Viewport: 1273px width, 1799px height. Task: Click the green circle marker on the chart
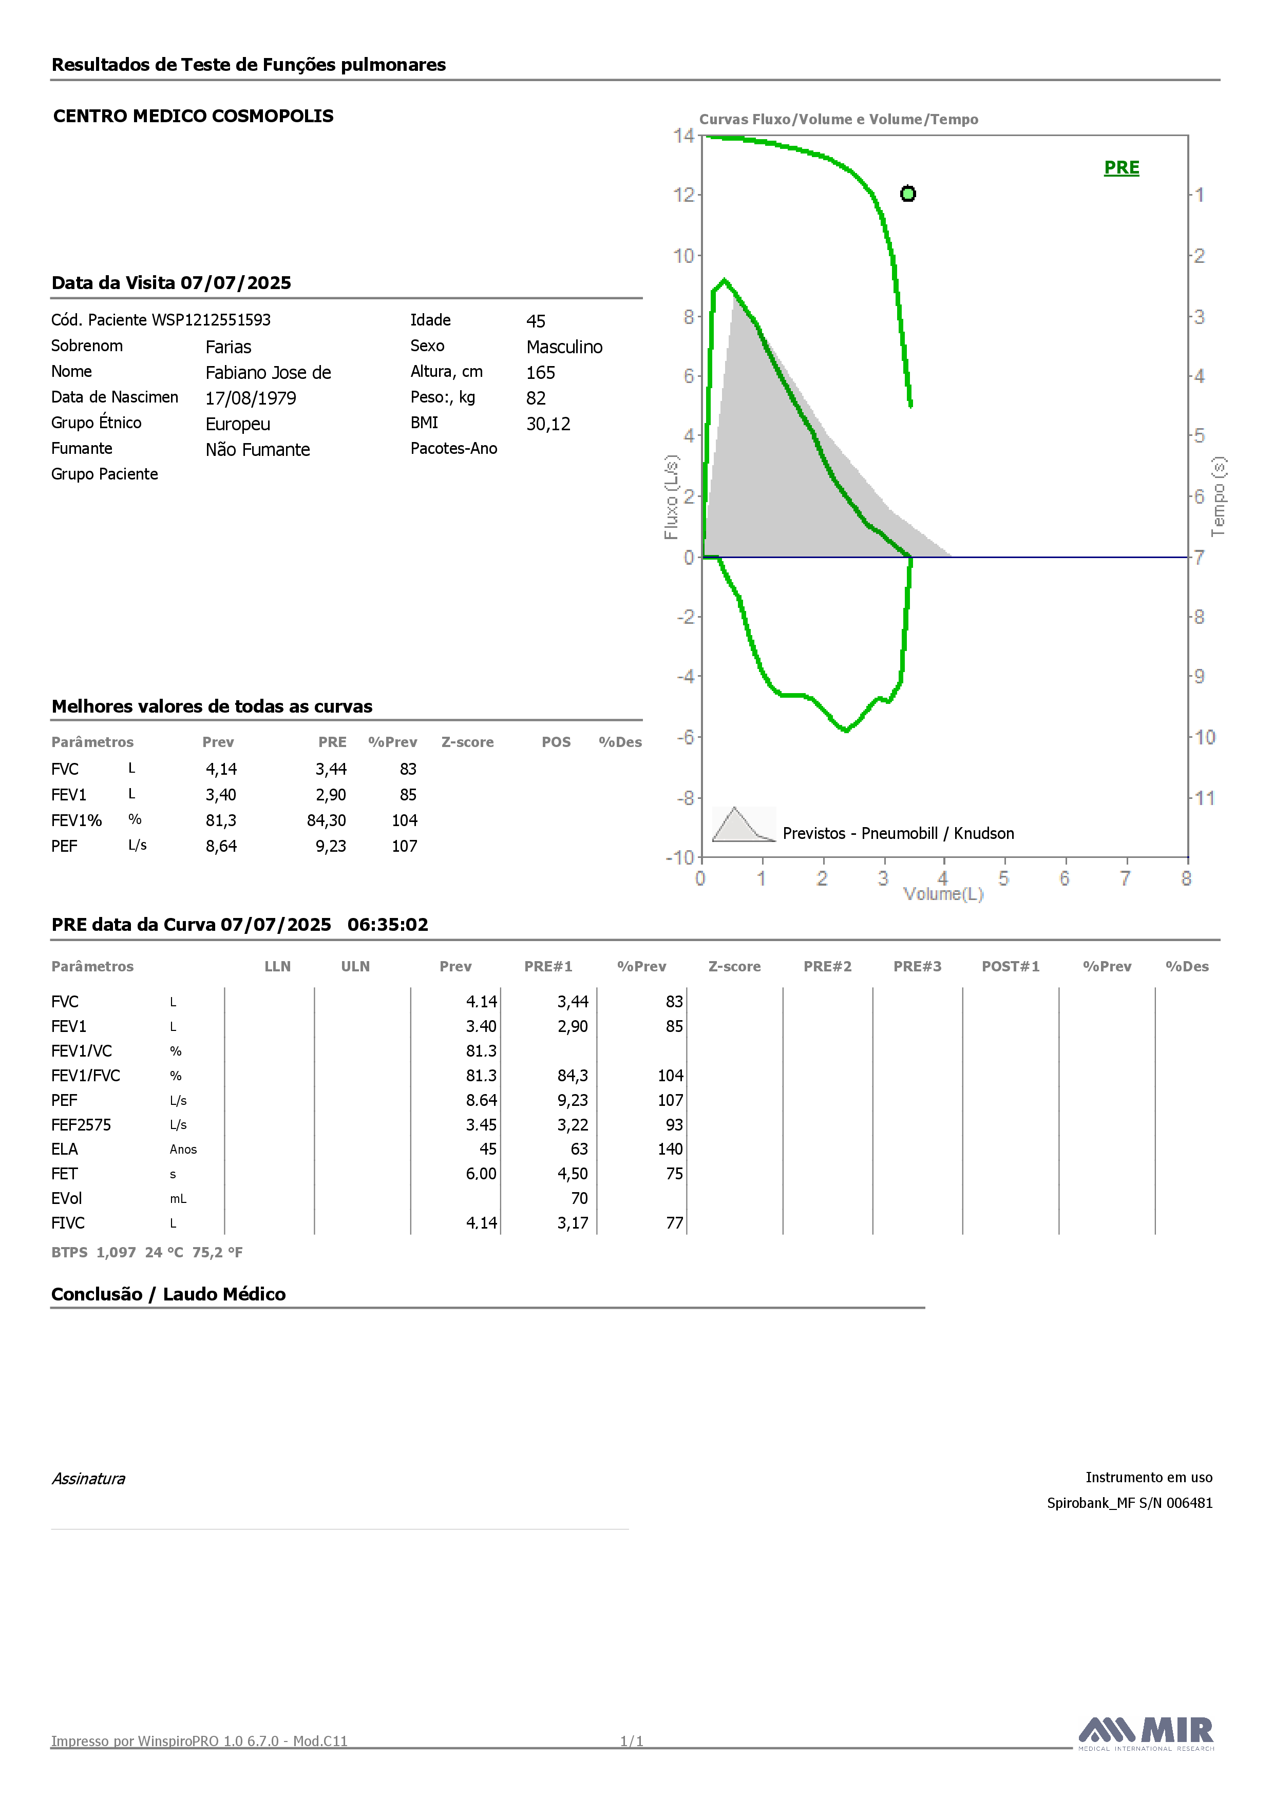click(908, 194)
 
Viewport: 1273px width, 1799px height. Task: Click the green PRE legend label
click(1121, 168)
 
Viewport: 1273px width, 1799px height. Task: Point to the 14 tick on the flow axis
click(683, 136)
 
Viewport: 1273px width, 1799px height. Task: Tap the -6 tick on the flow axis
click(686, 737)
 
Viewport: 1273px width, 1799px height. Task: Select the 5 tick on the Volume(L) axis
click(1003, 878)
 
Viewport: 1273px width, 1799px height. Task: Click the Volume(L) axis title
click(943, 894)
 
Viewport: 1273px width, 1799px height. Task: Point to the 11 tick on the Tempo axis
click(1205, 798)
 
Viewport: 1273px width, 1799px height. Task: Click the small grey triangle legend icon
click(743, 824)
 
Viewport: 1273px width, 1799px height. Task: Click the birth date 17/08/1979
click(251, 398)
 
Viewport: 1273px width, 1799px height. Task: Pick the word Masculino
click(564, 347)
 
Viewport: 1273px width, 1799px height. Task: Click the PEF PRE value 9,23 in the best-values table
click(331, 846)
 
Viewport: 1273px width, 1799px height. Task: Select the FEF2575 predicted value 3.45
click(481, 1125)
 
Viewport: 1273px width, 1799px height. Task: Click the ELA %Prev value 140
click(670, 1150)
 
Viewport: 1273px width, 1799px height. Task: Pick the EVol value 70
click(579, 1199)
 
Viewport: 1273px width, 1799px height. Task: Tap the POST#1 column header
click(1011, 966)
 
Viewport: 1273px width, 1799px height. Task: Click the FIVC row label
click(68, 1223)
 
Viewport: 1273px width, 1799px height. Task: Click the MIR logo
click(1146, 1733)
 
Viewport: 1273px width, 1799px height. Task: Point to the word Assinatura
click(88, 1479)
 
